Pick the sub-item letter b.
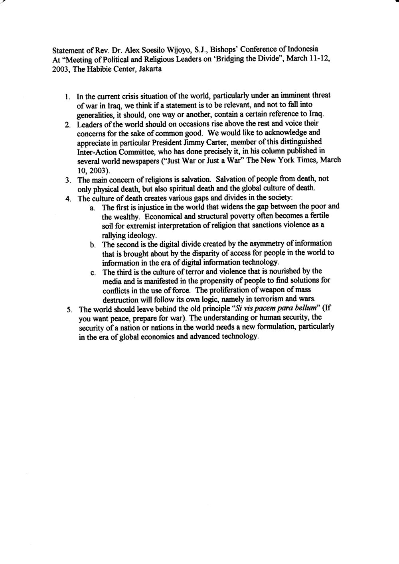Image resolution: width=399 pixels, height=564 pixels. tap(92, 244)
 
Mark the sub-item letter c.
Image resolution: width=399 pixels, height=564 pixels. tap(92, 273)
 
